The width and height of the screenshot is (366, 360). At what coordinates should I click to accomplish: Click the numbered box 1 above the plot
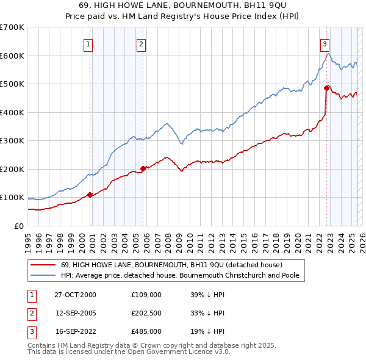[x=88, y=43]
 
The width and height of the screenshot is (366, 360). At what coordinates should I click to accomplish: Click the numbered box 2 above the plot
[x=141, y=43]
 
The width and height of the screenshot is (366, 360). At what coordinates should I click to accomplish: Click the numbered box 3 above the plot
[x=325, y=43]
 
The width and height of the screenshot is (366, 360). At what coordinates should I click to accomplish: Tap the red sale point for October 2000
[x=90, y=195]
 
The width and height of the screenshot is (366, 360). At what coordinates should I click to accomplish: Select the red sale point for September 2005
[x=143, y=168]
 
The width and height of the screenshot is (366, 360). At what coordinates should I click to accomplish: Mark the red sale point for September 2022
[x=326, y=88]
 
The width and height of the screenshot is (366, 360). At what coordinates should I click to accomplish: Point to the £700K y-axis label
[x=12, y=27]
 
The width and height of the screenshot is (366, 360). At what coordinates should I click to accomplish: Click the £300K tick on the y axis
[x=12, y=141]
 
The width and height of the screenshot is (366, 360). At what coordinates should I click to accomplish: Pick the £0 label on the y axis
[x=18, y=226]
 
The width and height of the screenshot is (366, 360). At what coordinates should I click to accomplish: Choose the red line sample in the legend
[x=43, y=265]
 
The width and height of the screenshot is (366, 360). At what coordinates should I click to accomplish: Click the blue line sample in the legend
[x=43, y=275]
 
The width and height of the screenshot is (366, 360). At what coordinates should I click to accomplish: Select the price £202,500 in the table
[x=146, y=313]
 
